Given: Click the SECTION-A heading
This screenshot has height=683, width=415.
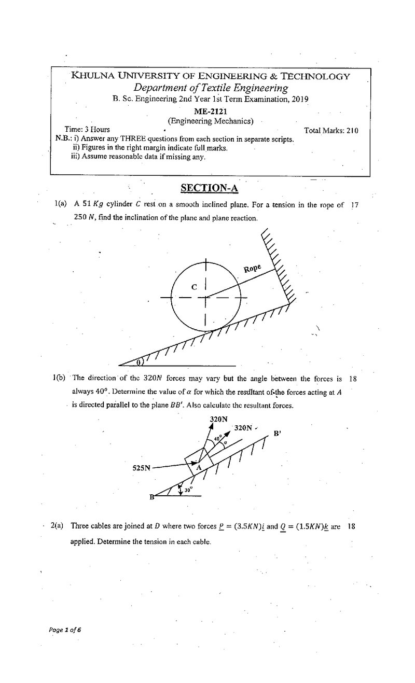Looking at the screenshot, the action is [x=209, y=188].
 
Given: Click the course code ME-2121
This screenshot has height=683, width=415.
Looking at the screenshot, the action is [x=211, y=111].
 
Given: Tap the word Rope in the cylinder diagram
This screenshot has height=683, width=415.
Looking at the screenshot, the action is [x=252, y=269].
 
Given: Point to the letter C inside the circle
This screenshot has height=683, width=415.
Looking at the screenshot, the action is [x=194, y=287].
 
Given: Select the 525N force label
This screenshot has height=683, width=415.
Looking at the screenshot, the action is [x=142, y=468].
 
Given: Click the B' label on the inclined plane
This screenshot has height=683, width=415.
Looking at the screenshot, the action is [x=277, y=433].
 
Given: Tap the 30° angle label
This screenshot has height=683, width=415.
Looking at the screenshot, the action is [x=189, y=490].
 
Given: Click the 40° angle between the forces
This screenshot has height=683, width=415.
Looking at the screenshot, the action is [x=218, y=438].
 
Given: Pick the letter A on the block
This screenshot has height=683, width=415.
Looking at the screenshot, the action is [x=199, y=467].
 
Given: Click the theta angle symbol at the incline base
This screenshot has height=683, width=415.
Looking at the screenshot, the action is [x=139, y=362].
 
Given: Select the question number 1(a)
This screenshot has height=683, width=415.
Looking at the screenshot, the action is [x=60, y=204].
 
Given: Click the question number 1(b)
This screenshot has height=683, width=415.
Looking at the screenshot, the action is [x=59, y=378].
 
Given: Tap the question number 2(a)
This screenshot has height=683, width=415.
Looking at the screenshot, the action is [x=57, y=526].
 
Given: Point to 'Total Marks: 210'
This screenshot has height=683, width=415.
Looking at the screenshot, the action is [x=331, y=131].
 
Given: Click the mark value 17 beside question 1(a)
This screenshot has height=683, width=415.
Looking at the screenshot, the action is [x=355, y=205].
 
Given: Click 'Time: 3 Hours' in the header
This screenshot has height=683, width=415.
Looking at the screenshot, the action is [x=87, y=129].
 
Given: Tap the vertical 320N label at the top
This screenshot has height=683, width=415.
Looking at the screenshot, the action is [x=218, y=419].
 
